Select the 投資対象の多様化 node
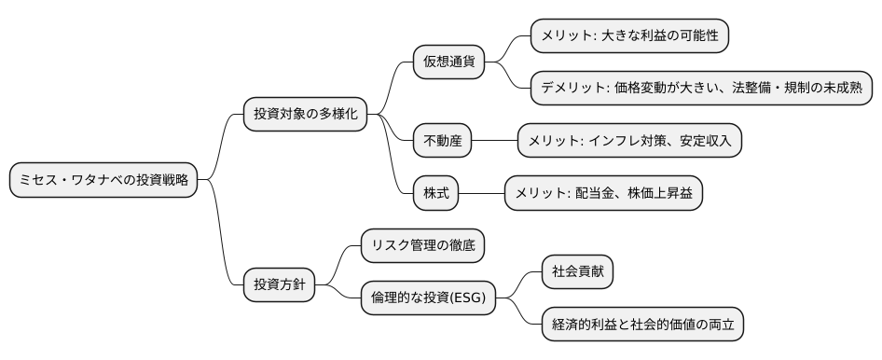(304, 115)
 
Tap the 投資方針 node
(279, 284)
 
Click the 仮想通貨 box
(448, 63)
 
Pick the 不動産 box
(442, 141)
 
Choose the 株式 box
(436, 193)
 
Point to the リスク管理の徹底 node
(422, 245)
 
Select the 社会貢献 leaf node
(578, 271)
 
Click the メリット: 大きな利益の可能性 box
(628, 36)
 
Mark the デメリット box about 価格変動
(700, 89)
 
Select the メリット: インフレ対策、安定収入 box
(629, 141)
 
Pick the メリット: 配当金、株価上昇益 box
(602, 193)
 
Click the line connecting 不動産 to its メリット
(494, 141)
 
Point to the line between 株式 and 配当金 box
(482, 193)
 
